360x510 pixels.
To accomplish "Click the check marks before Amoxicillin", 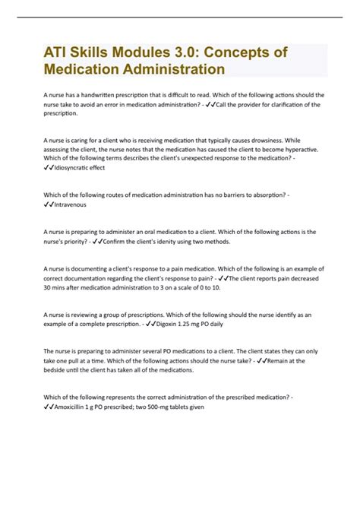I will coord(49,407).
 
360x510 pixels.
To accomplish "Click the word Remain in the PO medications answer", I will coord(281,361).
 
